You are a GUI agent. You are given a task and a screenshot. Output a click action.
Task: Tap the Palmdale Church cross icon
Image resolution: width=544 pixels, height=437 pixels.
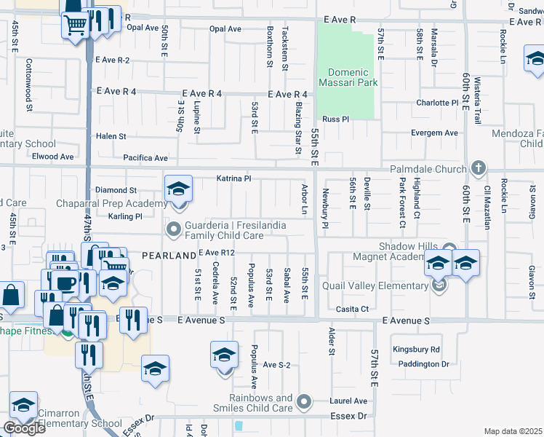click(478, 168)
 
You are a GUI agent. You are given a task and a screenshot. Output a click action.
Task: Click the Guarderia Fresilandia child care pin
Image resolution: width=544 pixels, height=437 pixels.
click(173, 230)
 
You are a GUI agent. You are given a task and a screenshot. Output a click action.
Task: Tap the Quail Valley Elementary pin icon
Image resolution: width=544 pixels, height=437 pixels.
click(439, 286)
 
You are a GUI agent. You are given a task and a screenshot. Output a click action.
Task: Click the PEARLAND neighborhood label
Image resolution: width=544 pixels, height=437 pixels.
click(168, 255)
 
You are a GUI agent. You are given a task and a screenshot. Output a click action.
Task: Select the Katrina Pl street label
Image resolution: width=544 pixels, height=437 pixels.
click(233, 178)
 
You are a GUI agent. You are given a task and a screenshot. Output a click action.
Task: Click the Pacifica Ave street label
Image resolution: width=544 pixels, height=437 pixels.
click(145, 157)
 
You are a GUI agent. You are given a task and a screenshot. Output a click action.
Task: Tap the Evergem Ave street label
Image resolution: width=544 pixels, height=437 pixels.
click(434, 133)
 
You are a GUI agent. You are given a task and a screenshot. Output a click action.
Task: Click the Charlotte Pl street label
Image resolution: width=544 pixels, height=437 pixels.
click(437, 103)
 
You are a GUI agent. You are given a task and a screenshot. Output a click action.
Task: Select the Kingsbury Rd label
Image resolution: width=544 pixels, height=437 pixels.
click(416, 350)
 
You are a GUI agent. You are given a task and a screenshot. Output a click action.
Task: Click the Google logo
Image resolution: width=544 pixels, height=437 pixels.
click(24, 428)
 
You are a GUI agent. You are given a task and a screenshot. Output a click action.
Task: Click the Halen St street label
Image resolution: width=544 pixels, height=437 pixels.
click(111, 136)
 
